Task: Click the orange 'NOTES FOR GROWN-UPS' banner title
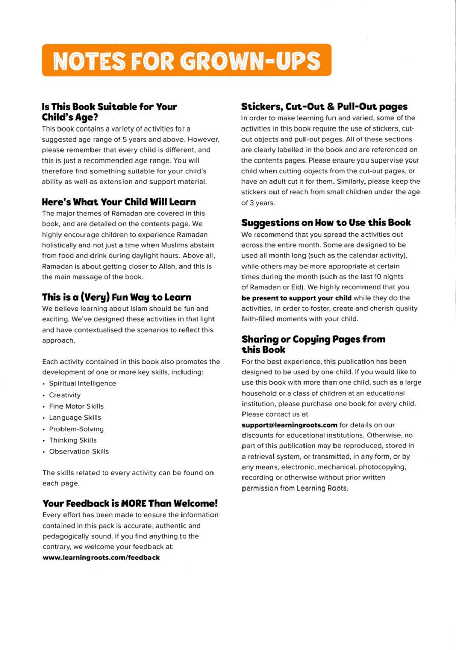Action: point(187,60)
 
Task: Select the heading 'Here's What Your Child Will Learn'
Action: point(118,202)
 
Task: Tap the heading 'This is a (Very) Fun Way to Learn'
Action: point(116,297)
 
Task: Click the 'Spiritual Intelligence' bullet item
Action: point(82,383)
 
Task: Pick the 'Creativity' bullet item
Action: point(65,395)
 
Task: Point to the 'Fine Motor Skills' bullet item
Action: point(76,406)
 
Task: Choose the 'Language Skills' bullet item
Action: point(75,417)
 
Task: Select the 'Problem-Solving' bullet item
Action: point(76,429)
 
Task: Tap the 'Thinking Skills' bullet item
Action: point(73,440)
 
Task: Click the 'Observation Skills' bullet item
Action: point(79,451)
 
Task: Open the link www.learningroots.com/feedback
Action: point(101,557)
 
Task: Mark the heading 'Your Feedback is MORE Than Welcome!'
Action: point(130,503)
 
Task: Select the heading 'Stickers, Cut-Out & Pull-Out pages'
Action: point(324,107)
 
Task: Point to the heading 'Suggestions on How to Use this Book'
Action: point(326,223)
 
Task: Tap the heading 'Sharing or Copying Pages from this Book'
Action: point(313,344)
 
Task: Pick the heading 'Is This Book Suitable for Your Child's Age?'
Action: point(109,111)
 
